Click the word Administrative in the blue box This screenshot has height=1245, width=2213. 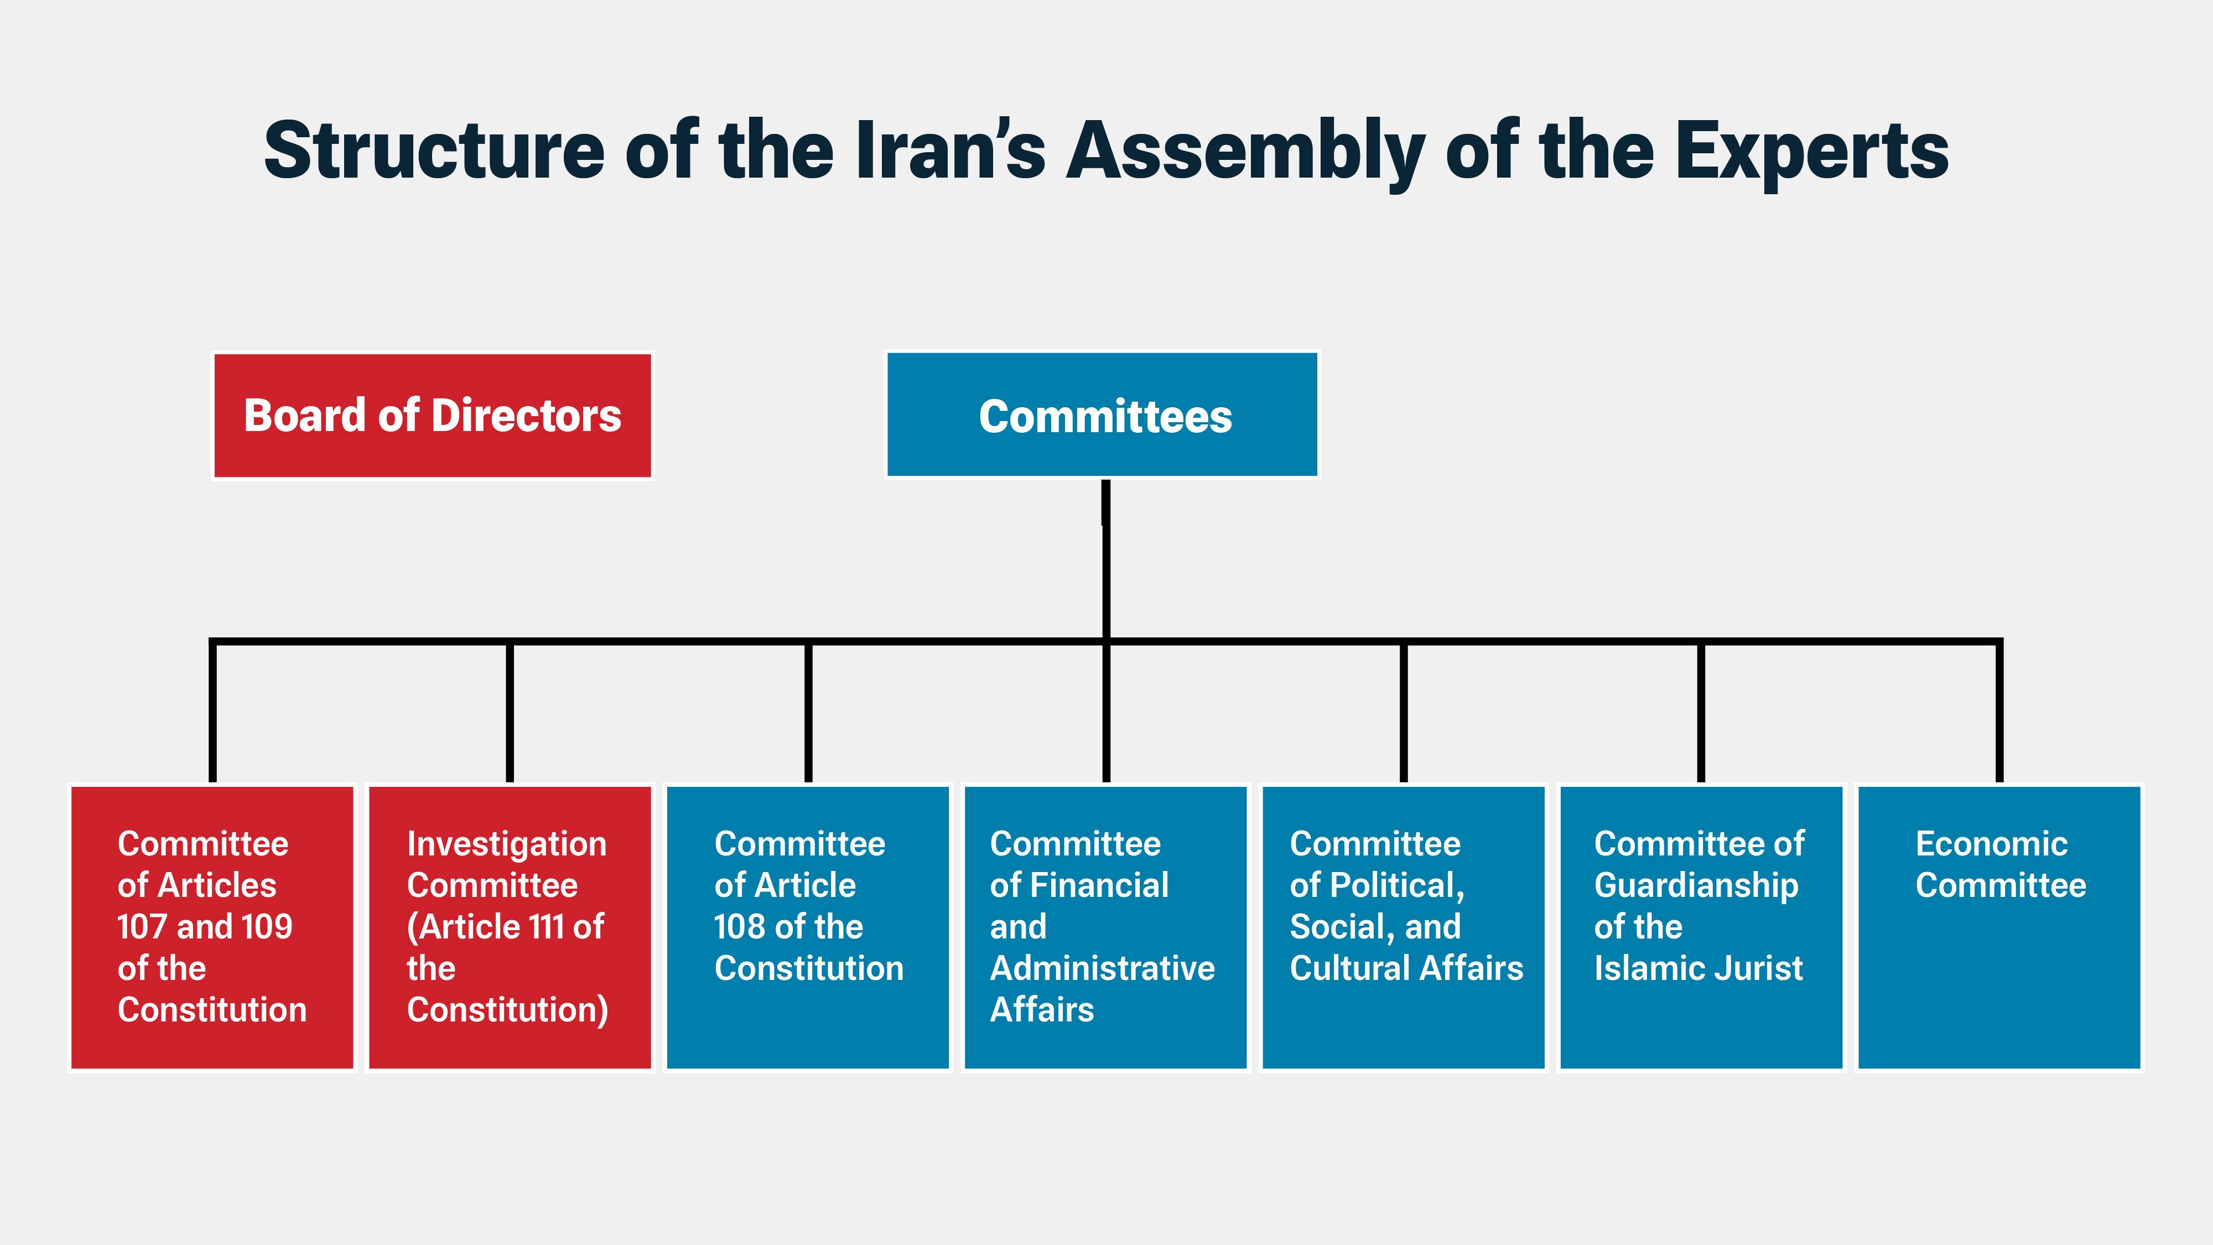click(x=1102, y=968)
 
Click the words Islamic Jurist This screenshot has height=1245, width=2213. click(x=1698, y=968)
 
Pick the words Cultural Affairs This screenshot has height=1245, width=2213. click(x=1406, y=968)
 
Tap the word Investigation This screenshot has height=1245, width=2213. click(x=507, y=844)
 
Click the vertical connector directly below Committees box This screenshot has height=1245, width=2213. click(x=1105, y=558)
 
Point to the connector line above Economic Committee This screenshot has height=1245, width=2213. click(x=1999, y=713)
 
